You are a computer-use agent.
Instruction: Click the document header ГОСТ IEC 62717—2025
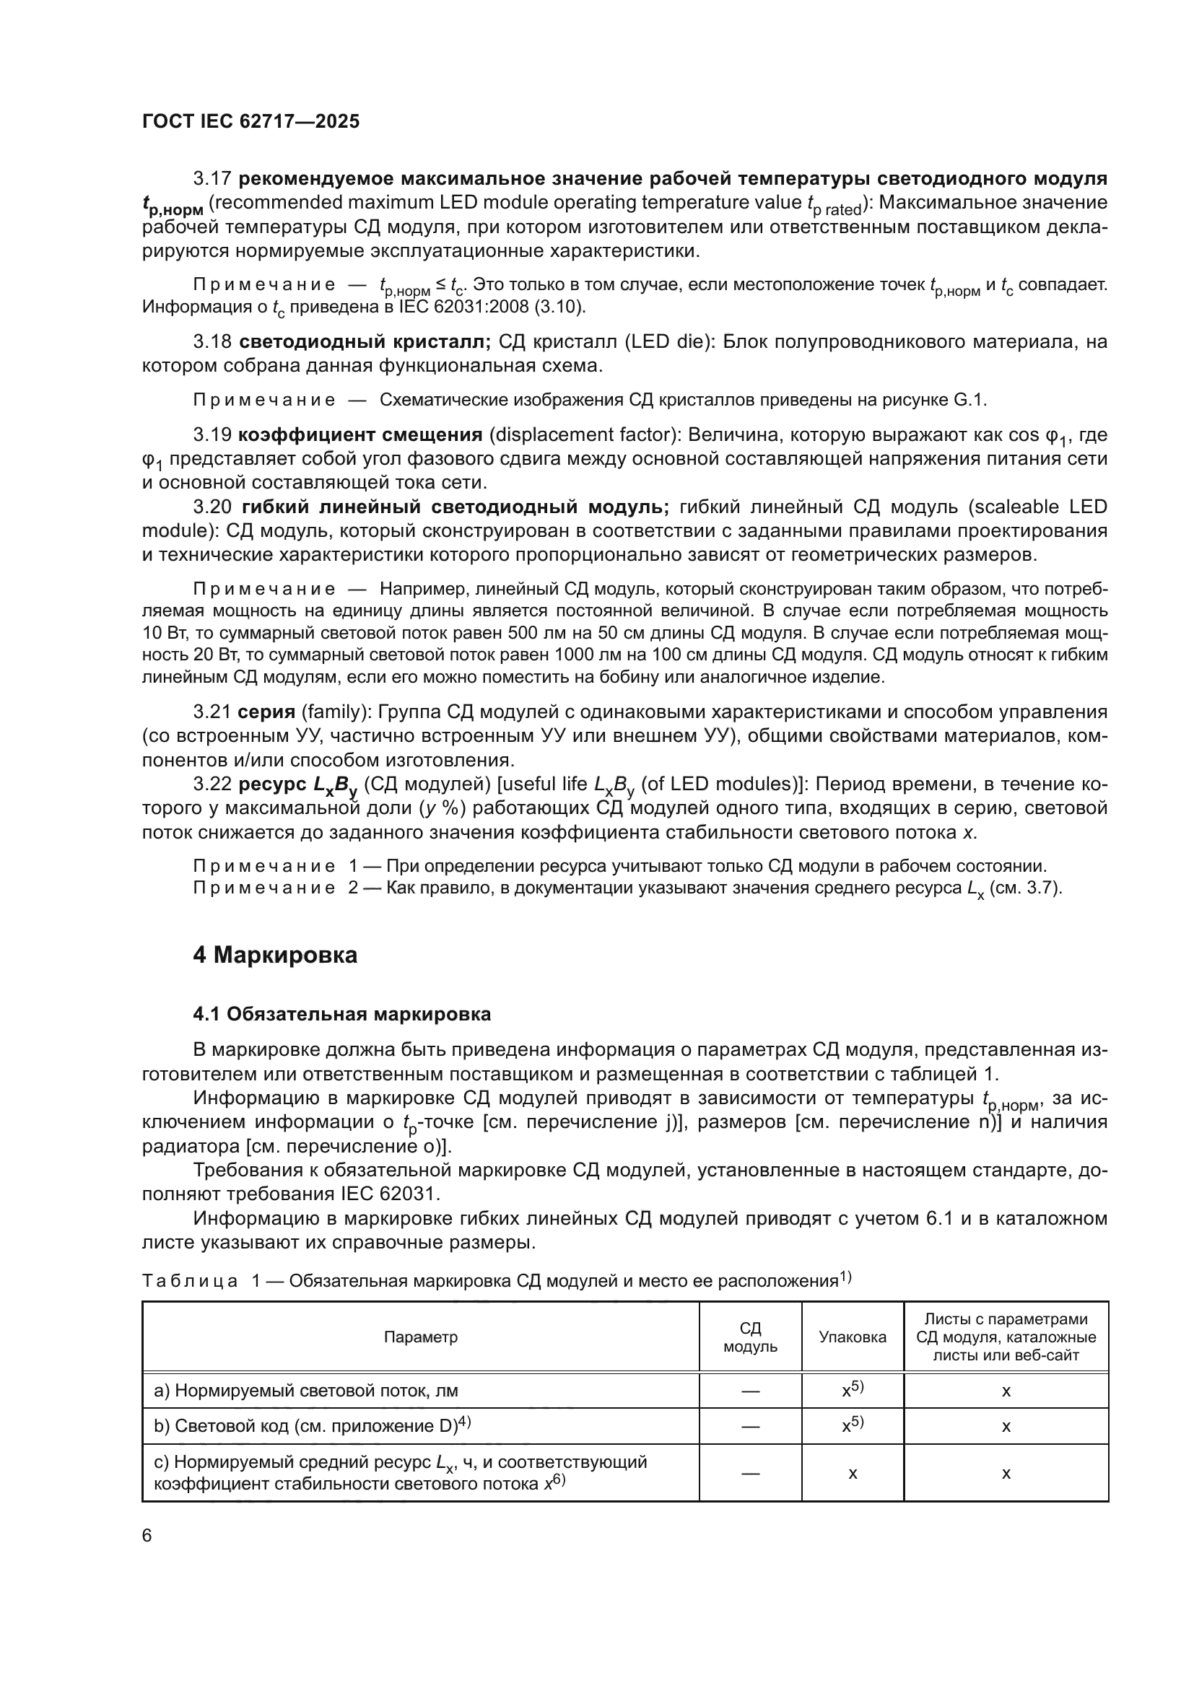[250, 122]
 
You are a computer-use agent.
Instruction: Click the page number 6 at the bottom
[147, 1536]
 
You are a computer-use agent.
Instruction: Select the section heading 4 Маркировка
[275, 955]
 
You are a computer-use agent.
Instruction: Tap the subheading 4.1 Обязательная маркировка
[342, 1015]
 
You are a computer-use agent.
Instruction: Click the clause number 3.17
[212, 179]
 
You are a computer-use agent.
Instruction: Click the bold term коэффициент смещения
[360, 434]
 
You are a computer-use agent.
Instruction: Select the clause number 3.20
[212, 507]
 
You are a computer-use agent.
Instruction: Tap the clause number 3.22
[212, 784]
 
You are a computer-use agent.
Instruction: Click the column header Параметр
[421, 1337]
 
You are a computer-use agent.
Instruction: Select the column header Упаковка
[852, 1337]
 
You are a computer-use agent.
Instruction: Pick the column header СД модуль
[750, 1337]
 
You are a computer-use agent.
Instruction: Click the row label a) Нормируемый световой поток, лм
[306, 1391]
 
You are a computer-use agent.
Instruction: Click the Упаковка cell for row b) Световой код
[852, 1426]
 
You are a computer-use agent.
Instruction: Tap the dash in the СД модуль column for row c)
[750, 1473]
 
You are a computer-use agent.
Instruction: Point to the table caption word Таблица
[190, 1282]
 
